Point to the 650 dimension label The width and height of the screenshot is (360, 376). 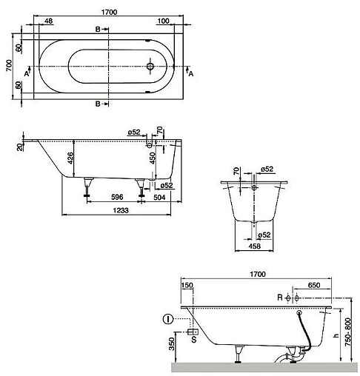tap(314, 285)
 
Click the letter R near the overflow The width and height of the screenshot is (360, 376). tap(279, 298)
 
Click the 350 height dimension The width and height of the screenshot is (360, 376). tap(172, 346)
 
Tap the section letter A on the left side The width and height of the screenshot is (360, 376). tap(26, 73)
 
